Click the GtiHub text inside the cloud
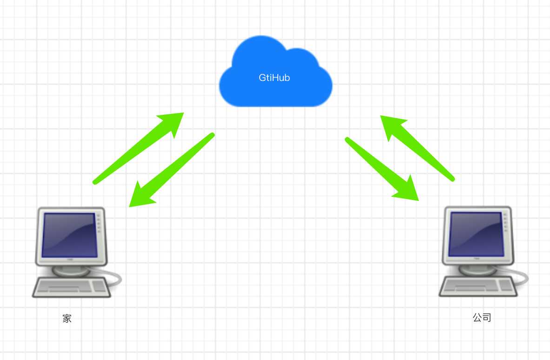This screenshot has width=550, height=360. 274,78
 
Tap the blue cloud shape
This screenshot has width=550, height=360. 276,71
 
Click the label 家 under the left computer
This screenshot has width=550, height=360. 67,318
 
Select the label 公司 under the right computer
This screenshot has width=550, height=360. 482,317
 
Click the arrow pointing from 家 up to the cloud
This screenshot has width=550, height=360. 138,148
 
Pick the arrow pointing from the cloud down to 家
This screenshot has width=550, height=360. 172,170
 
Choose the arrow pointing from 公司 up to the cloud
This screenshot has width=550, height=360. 417,148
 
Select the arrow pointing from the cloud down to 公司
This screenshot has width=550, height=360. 382,169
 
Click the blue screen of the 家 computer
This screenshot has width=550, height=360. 69,235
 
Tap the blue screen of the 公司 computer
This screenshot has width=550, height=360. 476,234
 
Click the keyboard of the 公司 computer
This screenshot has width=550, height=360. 478,286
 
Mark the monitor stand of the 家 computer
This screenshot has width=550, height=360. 71,271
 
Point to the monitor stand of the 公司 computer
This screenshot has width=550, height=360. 477,270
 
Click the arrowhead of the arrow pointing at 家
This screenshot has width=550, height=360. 142,195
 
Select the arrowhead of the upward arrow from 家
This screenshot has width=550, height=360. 172,123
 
